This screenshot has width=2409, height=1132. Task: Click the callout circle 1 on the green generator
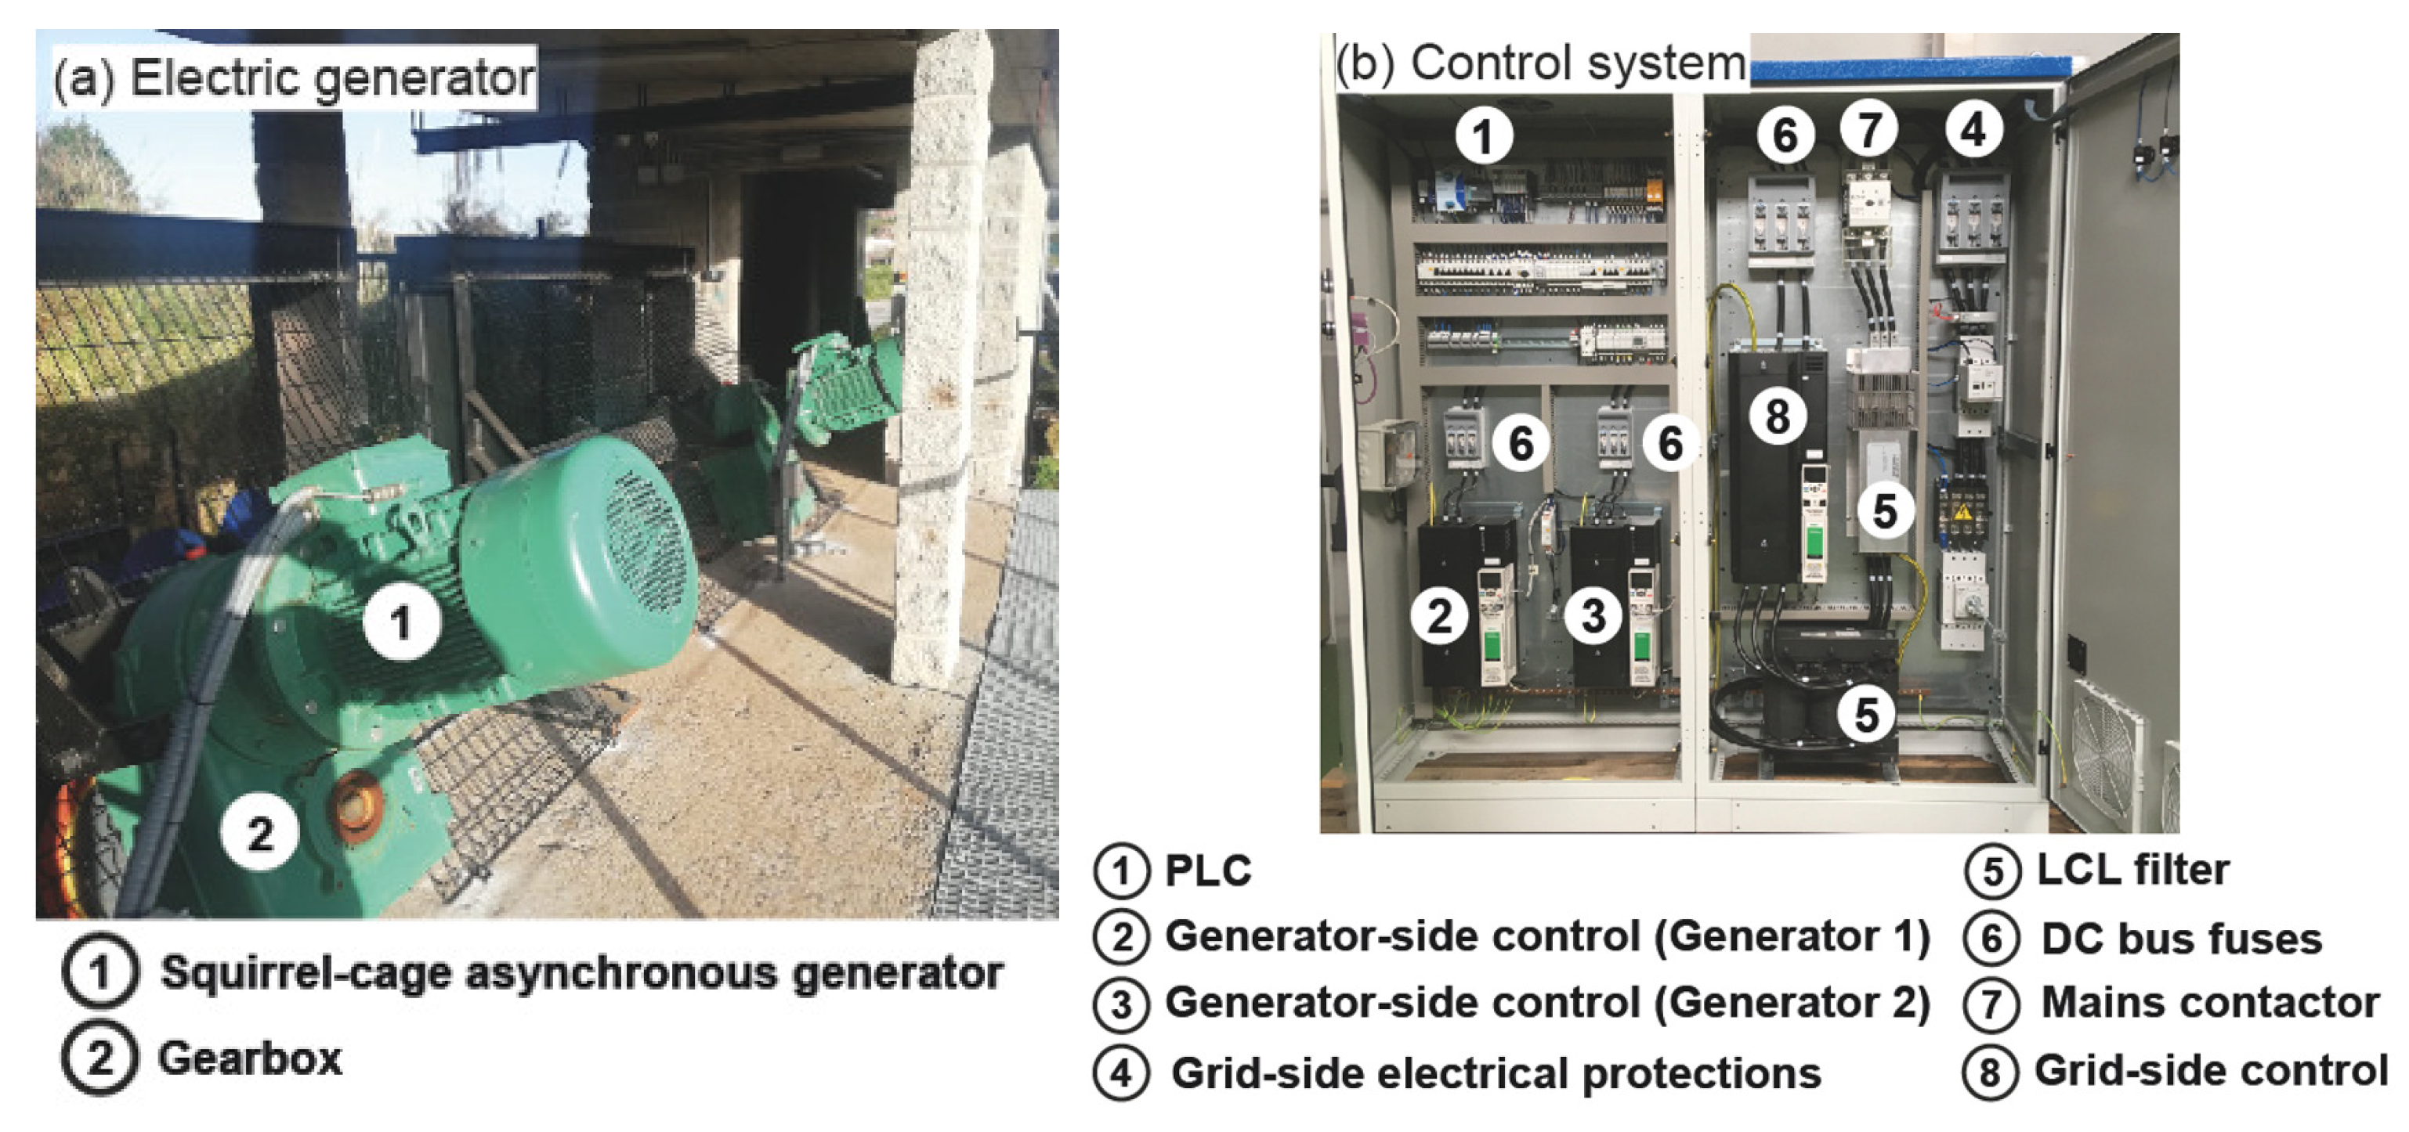(x=402, y=622)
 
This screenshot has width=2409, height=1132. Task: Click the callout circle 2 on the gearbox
(x=260, y=832)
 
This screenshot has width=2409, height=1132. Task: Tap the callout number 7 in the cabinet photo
(x=1868, y=129)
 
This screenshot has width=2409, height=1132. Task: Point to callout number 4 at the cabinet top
(x=1973, y=129)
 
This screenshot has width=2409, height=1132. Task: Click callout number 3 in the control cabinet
(x=1593, y=616)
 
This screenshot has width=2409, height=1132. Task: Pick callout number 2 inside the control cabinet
(x=1440, y=616)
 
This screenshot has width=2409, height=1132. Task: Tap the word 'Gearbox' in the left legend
(x=250, y=1059)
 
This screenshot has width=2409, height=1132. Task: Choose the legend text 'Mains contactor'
(x=2210, y=1003)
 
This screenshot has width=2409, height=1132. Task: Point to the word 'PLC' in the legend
(x=1207, y=871)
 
